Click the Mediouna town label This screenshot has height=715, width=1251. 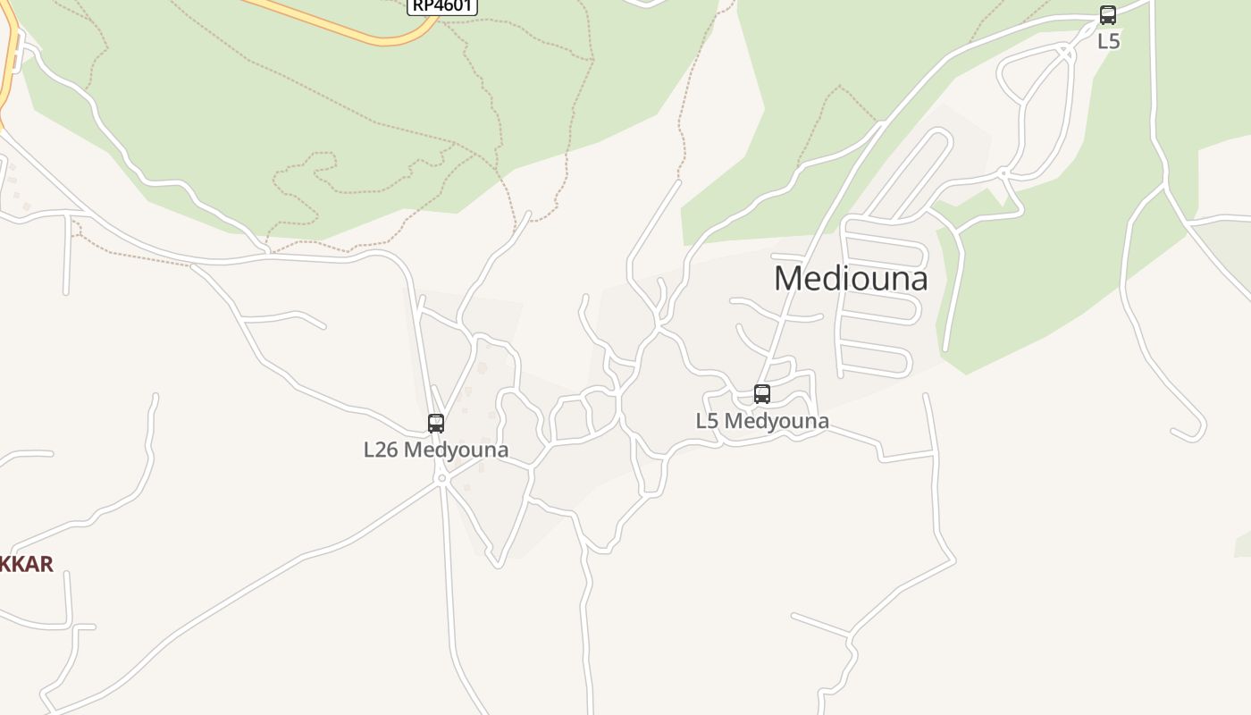click(851, 278)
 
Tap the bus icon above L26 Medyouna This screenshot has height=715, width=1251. click(436, 424)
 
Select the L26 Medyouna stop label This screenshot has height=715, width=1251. click(436, 450)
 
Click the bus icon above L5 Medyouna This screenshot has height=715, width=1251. click(762, 394)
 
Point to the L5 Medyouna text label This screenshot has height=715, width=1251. click(762, 421)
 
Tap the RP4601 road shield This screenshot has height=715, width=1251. click(442, 5)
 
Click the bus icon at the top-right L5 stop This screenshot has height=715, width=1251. click(1108, 15)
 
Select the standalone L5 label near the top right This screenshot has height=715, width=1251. click(1108, 41)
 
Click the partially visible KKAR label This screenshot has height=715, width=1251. click(27, 564)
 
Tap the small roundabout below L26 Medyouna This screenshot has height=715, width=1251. click(441, 479)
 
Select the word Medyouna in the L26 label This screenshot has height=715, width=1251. click(456, 450)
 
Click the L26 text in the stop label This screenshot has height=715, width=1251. click(381, 450)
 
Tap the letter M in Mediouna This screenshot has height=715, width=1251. click(788, 278)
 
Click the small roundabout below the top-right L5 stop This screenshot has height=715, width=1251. click(1004, 172)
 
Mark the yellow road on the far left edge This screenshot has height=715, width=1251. click(7, 71)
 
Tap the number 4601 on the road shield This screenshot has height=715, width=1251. click(451, 5)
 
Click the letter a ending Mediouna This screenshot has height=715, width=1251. click(918, 280)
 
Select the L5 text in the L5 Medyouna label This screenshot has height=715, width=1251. click(707, 421)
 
